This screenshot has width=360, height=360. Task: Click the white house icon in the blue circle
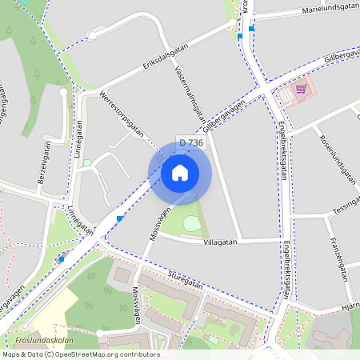pyautogui.click(x=179, y=172)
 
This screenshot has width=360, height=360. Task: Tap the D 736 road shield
pyautogui.click(x=191, y=142)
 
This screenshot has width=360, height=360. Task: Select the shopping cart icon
pyautogui.click(x=301, y=89)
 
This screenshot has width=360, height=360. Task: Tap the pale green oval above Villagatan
pyautogui.click(x=192, y=223)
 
